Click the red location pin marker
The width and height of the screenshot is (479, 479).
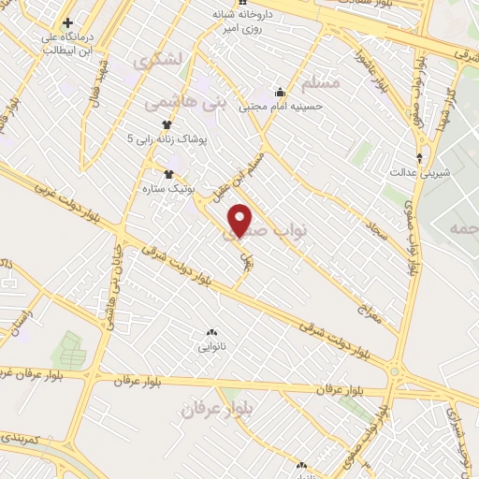point(242,221)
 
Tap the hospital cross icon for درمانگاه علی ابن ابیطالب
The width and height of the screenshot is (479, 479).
point(67,22)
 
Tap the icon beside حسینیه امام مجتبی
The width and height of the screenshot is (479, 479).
point(279,93)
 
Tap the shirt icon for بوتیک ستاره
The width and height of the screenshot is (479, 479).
point(169,174)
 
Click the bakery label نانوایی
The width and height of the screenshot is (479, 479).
point(210,347)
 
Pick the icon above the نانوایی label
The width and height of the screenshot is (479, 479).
point(210,333)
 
